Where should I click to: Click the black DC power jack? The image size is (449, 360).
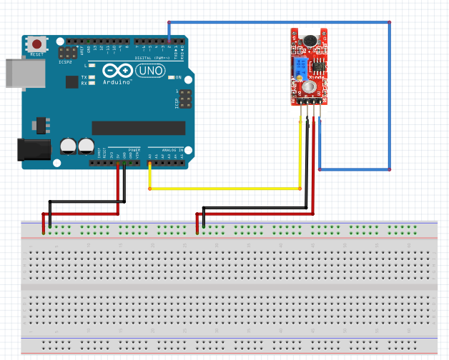pyautogui.click(x=32, y=149)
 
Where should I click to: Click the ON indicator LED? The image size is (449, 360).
pyautogui.click(x=170, y=77)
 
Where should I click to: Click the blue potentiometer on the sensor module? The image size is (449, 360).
pyautogui.click(x=300, y=67)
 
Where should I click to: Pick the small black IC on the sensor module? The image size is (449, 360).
pyautogui.click(x=317, y=64)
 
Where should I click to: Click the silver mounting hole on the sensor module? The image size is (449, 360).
pyautogui.click(x=309, y=86)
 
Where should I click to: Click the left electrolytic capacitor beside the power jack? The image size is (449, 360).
pyautogui.click(x=69, y=146)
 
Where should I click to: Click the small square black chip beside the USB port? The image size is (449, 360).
pyautogui.click(x=71, y=81)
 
